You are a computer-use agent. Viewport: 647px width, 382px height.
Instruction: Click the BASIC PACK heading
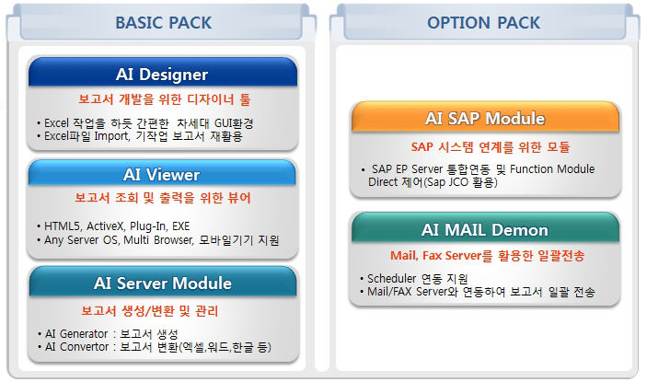coord(164,23)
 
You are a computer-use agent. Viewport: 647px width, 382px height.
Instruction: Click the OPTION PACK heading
coord(483,23)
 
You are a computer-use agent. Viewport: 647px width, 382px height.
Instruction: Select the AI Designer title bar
coord(163,72)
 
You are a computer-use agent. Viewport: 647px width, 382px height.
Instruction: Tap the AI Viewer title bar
coord(162,173)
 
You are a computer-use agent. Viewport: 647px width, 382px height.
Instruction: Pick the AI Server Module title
coord(163,283)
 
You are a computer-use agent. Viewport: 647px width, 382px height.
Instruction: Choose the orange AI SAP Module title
coord(485,119)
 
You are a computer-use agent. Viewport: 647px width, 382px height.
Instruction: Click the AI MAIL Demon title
coord(485,230)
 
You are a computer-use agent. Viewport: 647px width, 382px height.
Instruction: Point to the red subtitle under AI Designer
coord(164,99)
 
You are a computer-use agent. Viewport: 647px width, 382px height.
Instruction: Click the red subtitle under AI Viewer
coord(163,198)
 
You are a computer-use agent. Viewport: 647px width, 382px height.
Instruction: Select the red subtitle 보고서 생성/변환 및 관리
coord(149,310)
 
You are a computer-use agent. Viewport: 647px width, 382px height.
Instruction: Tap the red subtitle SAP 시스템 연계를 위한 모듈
coord(491,147)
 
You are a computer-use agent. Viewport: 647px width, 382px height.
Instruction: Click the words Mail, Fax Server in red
coord(435,256)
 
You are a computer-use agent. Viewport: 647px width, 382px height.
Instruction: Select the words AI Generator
coord(76,334)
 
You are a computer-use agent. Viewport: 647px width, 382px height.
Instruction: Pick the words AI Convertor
coord(76,347)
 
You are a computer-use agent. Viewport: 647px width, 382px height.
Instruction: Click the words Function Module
coord(552,169)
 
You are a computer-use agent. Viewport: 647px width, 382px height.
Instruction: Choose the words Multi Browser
coord(159,240)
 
